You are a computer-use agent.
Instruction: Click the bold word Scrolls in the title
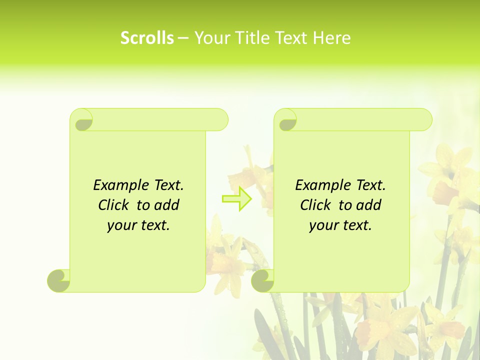[x=147, y=38]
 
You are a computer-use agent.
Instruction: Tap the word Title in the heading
[x=252, y=38]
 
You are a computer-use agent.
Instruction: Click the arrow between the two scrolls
[x=236, y=198]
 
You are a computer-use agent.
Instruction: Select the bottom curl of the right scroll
[x=263, y=280]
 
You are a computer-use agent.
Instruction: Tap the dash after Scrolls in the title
[x=183, y=38]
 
